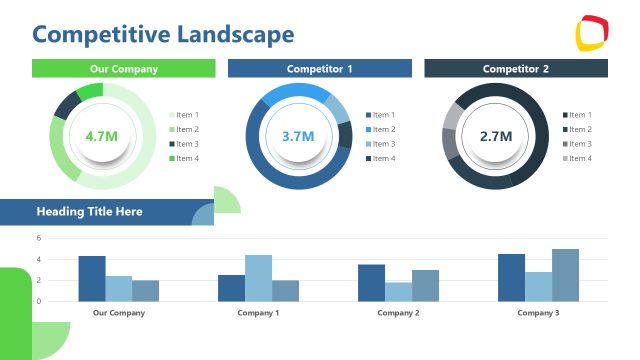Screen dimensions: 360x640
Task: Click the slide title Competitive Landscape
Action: click(163, 35)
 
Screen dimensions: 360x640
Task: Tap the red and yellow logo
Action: click(593, 34)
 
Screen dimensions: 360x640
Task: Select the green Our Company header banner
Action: click(124, 69)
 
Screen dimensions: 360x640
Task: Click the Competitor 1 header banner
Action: click(319, 69)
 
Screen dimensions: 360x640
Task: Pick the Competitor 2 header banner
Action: click(516, 69)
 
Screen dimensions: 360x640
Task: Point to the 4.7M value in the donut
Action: click(102, 136)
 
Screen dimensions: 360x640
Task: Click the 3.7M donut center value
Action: click(298, 136)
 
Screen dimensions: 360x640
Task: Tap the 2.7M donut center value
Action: click(495, 136)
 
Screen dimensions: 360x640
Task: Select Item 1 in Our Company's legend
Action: click(187, 115)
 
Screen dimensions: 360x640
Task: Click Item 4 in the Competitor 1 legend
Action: click(383, 159)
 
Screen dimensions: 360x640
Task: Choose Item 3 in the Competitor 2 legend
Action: click(580, 144)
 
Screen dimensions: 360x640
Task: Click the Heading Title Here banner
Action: click(90, 212)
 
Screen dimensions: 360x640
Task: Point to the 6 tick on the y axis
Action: click(38, 238)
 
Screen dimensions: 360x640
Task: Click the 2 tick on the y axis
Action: click(38, 281)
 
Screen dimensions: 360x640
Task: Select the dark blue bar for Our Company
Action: click(92, 279)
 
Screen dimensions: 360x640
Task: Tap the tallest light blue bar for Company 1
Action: click(258, 278)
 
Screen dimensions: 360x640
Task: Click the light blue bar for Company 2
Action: click(398, 291)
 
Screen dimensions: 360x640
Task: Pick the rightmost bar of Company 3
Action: click(565, 275)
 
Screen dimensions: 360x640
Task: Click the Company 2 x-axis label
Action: click(398, 313)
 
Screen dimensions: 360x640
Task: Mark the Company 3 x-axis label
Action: click(538, 313)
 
